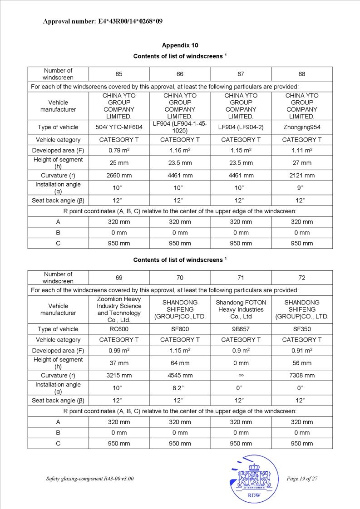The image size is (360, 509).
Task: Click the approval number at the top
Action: (x=103, y=21)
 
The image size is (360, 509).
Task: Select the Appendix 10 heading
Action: (x=180, y=45)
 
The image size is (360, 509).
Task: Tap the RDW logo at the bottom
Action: (x=254, y=479)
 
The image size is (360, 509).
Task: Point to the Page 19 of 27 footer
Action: (x=302, y=479)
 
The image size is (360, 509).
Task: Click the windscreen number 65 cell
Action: (x=119, y=74)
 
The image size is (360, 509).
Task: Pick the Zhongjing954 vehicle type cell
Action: (x=302, y=127)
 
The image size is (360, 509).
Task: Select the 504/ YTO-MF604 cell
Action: (x=119, y=127)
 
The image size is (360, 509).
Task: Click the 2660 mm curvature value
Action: (x=119, y=175)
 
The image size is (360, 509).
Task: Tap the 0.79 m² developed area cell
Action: (x=119, y=150)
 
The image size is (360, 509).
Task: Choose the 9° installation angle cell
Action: (x=302, y=187)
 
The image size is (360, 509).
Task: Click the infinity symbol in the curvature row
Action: (x=241, y=375)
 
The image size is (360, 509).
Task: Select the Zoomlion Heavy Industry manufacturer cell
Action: (x=119, y=309)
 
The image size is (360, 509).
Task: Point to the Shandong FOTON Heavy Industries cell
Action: (x=241, y=309)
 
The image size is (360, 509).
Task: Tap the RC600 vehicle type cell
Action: (x=119, y=329)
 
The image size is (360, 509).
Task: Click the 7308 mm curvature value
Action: (x=302, y=375)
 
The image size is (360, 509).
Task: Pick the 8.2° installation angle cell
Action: (x=180, y=388)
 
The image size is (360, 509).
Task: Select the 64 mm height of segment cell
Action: (x=180, y=363)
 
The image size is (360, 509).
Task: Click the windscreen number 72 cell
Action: (x=302, y=278)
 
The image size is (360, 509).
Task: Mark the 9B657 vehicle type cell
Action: (x=241, y=329)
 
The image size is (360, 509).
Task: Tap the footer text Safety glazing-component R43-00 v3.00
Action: (x=90, y=479)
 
